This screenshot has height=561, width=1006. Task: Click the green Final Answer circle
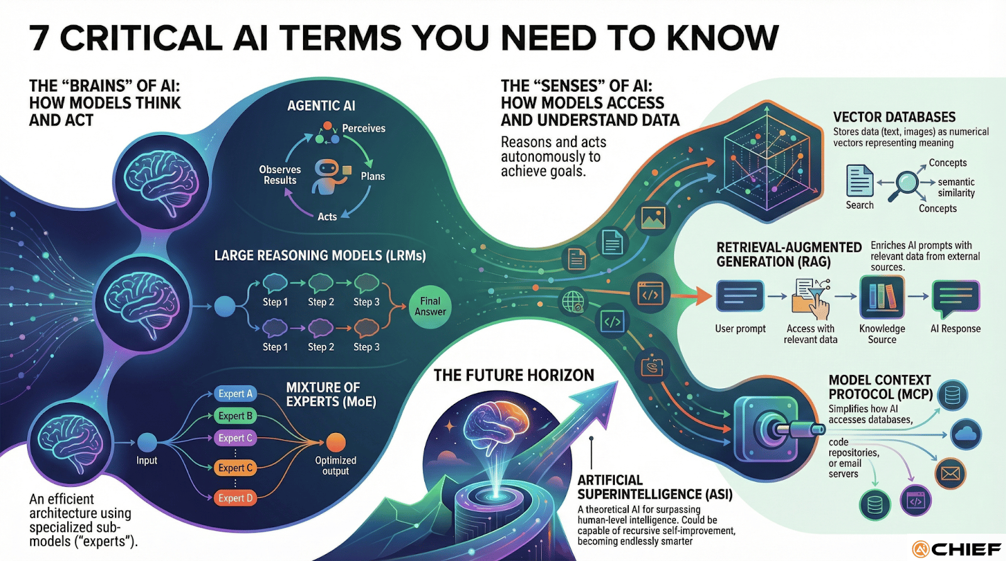point(430,307)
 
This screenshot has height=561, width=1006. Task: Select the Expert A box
point(235,394)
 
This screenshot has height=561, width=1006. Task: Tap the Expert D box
point(235,498)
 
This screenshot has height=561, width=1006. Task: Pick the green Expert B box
point(235,416)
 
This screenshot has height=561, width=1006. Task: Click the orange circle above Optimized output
point(336,442)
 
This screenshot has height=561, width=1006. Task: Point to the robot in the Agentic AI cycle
point(326,176)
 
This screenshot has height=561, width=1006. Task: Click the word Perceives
point(363,128)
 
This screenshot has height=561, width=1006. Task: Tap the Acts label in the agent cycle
point(327,217)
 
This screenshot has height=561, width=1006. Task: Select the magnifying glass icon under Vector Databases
point(907,183)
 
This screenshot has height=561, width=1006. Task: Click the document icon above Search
point(860,181)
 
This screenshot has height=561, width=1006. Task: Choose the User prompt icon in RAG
point(740,296)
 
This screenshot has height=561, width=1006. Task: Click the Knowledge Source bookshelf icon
point(882,297)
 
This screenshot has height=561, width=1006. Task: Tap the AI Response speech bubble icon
point(956,298)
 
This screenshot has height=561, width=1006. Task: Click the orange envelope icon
point(950,474)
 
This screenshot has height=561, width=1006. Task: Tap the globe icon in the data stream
point(573,302)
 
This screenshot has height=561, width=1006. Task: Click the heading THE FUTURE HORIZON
point(514,376)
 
